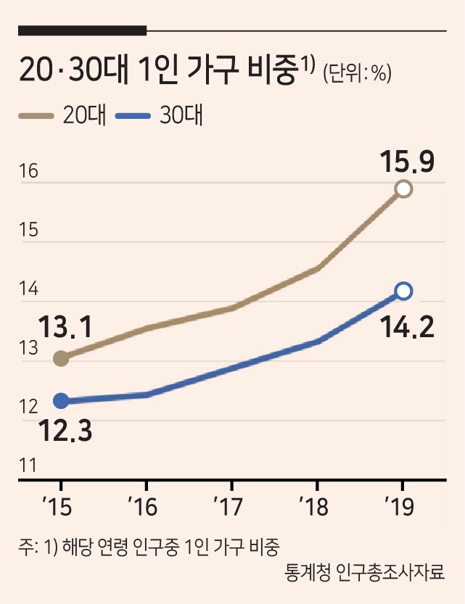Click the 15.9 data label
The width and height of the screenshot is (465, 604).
point(407,162)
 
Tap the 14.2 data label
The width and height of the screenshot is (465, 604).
point(407,327)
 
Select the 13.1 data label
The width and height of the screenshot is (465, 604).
point(65,326)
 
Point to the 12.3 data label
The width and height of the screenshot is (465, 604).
point(65,431)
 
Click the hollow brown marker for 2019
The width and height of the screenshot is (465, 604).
point(403,189)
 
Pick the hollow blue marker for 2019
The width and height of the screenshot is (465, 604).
point(403,291)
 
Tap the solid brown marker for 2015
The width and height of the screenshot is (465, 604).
point(61,359)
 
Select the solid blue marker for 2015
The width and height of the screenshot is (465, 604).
point(61,401)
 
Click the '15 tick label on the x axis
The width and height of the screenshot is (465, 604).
point(57,507)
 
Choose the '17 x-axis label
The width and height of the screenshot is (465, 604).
point(228,507)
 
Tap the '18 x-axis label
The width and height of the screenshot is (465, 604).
point(314,507)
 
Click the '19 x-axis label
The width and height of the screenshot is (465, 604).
point(400,507)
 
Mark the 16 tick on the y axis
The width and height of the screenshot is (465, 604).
point(29,171)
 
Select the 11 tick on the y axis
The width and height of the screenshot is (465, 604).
point(28,466)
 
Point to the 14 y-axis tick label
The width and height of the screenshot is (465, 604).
point(29,289)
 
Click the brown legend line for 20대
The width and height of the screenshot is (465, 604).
point(36,115)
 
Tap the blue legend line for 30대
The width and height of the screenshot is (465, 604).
point(133,115)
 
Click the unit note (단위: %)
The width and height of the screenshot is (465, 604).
point(357,73)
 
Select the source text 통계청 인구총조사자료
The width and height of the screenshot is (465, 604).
point(364,571)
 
